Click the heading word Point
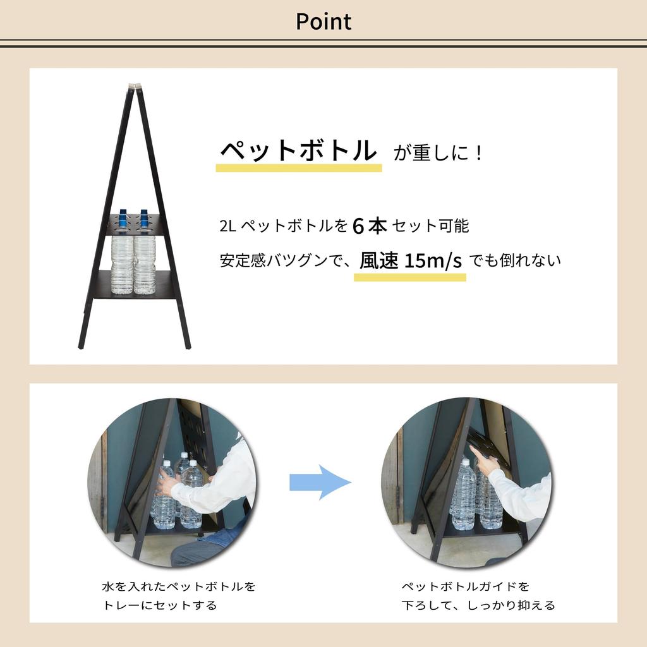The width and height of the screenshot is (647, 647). [323, 21]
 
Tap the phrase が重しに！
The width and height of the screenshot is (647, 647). [438, 153]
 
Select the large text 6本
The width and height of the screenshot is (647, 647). [370, 226]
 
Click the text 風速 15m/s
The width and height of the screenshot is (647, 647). [411, 260]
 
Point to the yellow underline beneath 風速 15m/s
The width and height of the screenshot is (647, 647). [409, 277]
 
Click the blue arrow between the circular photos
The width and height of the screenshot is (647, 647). [320, 483]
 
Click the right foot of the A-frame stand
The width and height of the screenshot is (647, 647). [187, 344]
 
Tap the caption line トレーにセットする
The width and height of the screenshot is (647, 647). [159, 605]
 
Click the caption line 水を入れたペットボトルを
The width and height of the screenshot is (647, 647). [179, 586]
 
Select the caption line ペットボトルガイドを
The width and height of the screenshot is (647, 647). [466, 586]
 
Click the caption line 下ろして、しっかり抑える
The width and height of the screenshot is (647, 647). [478, 605]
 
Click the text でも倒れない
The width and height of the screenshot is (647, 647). [515, 260]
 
